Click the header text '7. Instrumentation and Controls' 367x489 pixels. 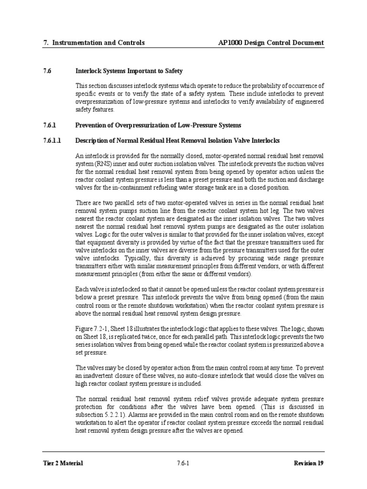pyautogui.click(x=94, y=43)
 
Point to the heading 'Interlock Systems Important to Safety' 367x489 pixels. pyautogui.click(x=129, y=71)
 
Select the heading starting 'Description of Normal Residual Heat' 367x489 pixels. pyautogui.click(x=177, y=141)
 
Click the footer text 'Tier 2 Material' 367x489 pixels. pyautogui.click(x=63, y=463)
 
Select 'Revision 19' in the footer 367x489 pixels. pyautogui.click(x=309, y=463)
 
